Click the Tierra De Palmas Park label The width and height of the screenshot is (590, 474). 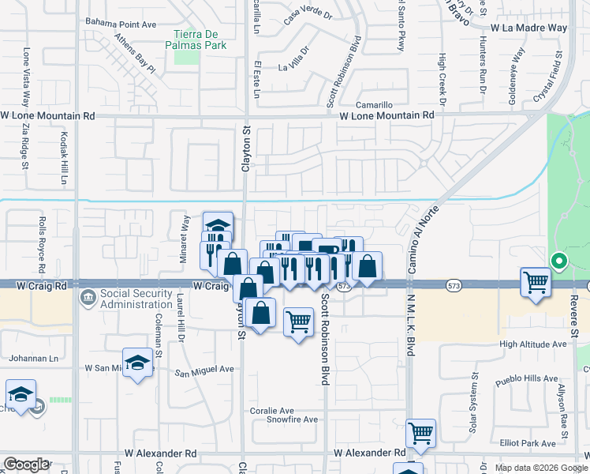click(x=200, y=39)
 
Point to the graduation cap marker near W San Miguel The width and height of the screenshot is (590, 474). click(x=138, y=363)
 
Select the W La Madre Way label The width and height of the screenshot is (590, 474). click(x=528, y=28)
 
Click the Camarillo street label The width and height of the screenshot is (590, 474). click(x=374, y=104)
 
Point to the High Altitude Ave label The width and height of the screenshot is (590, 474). click(x=533, y=344)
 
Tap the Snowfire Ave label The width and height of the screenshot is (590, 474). click(x=293, y=420)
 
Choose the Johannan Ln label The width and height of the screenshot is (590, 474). click(x=32, y=358)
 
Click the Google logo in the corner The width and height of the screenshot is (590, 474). click(x=26, y=465)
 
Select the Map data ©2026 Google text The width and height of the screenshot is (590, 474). click(x=540, y=468)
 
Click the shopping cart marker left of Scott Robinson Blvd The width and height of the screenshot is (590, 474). click(x=298, y=321)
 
